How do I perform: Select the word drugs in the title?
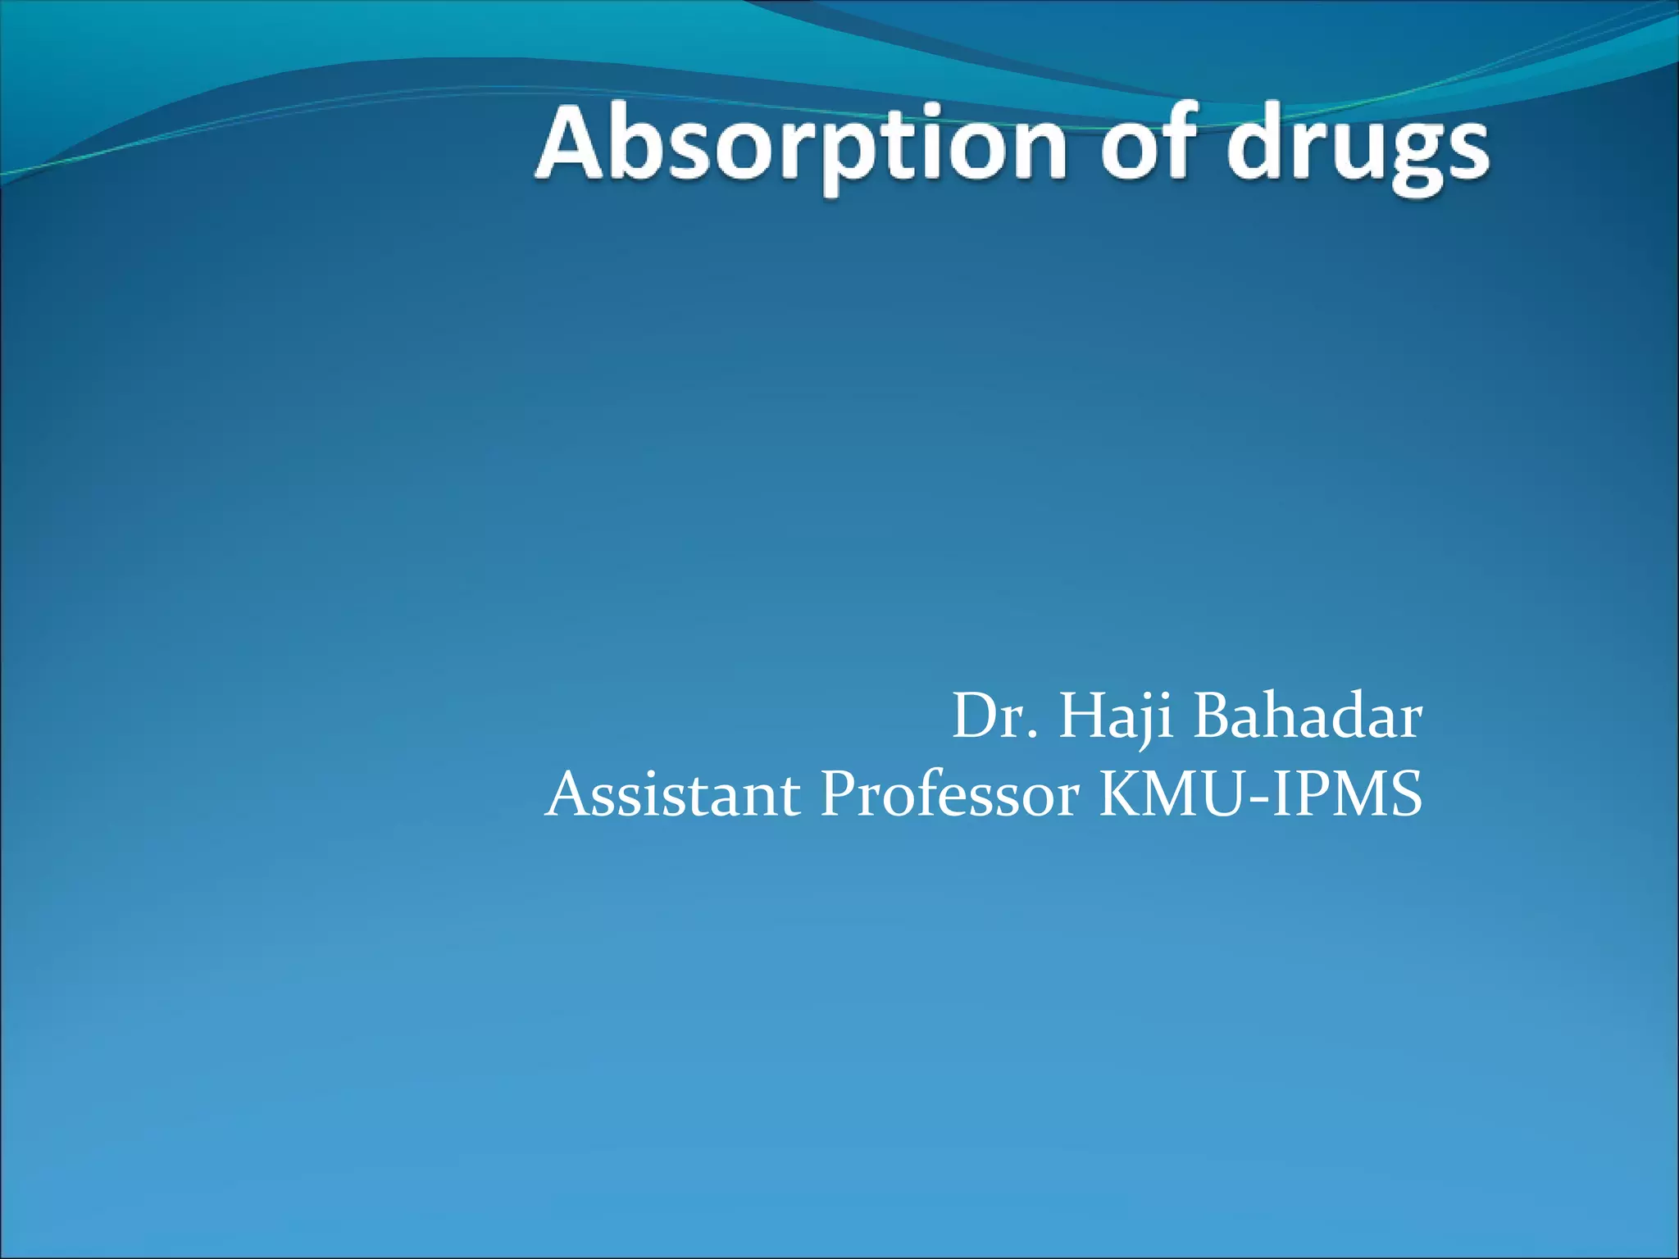[1358, 148]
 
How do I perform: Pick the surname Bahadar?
[1307, 717]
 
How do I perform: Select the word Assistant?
[673, 795]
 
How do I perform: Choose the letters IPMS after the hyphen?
[1345, 795]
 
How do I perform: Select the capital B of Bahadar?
[1215, 717]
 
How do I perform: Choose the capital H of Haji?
[1081, 717]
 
